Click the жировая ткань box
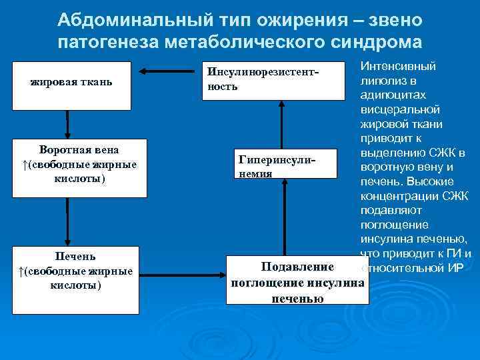71,83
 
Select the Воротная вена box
79,166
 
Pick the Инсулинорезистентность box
281,80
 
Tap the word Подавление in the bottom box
297,267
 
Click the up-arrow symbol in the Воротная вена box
21,165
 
